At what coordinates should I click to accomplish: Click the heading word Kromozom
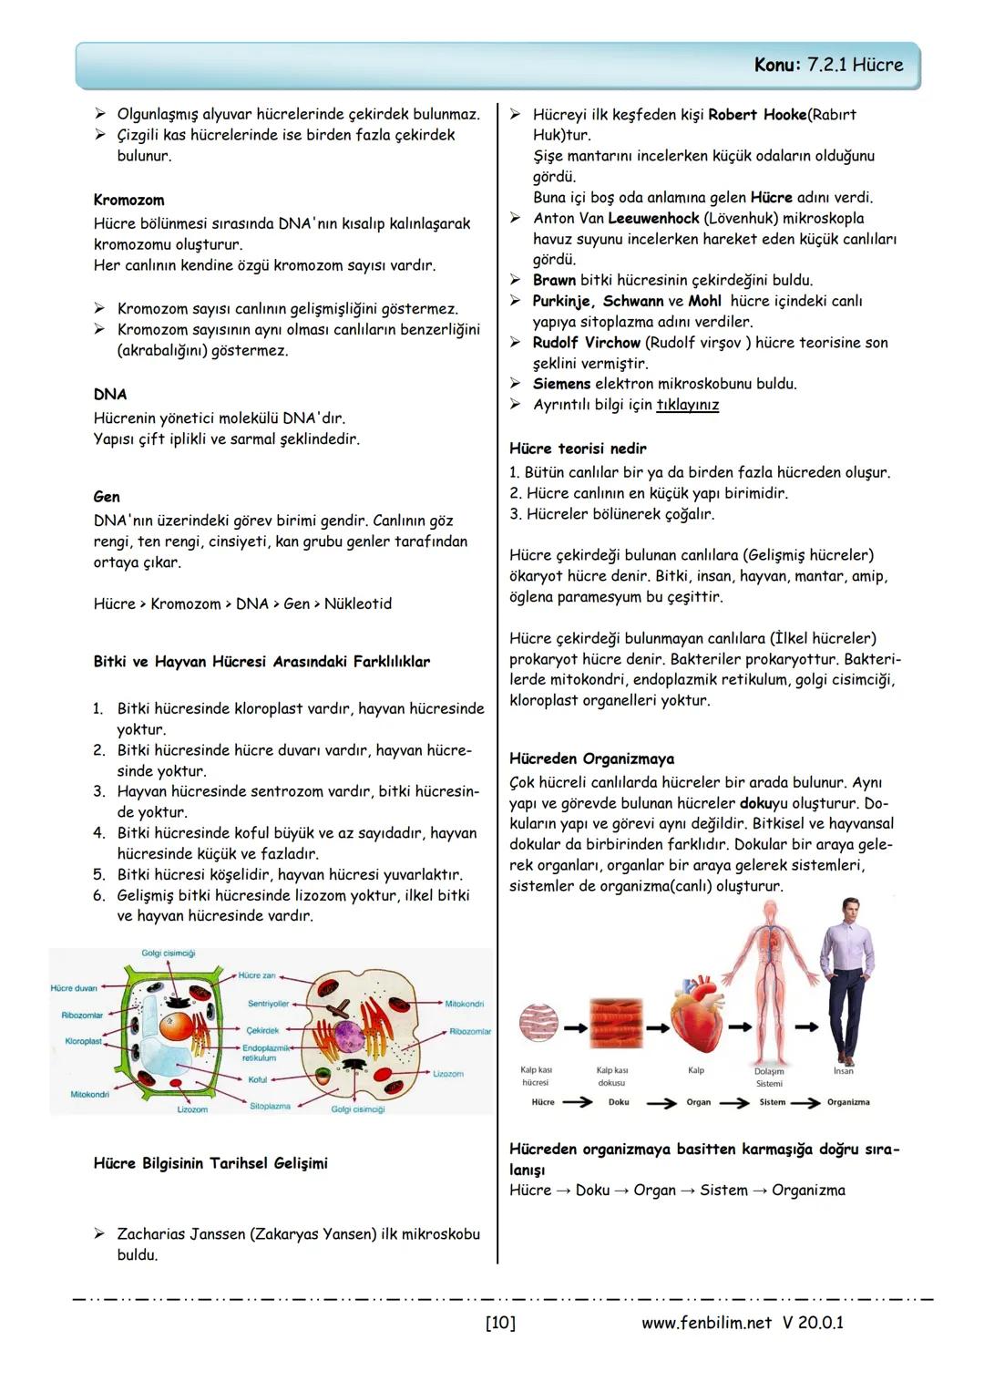point(128,200)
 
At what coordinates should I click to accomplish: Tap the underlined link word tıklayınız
point(687,405)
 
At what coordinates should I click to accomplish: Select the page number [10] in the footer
point(500,1322)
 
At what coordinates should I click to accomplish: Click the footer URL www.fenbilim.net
point(706,1322)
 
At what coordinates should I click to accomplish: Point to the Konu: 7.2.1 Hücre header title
point(828,65)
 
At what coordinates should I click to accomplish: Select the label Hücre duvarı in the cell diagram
point(74,988)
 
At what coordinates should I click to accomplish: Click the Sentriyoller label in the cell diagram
point(268,1004)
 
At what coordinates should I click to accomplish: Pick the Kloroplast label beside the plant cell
point(83,1041)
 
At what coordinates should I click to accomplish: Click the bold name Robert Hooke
point(757,115)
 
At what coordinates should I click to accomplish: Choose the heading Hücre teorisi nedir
point(578,449)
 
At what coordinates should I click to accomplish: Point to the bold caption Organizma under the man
point(847,1102)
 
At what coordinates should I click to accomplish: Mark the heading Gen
point(107,497)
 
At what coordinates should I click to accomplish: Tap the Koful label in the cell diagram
point(258,1079)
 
